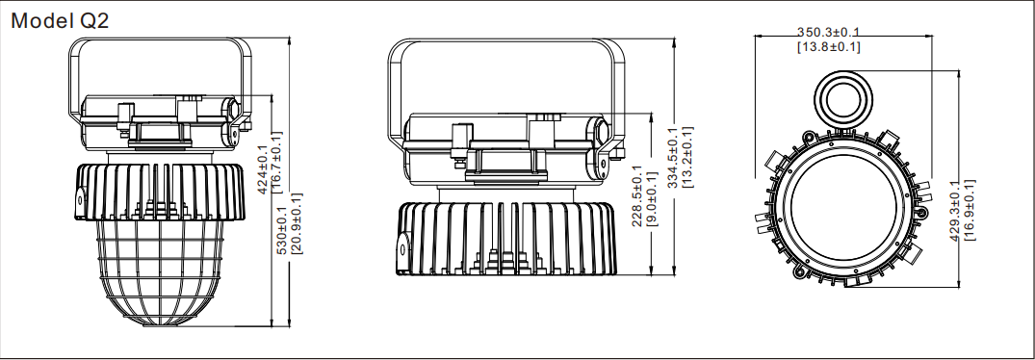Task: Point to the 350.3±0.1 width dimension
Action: pyautogui.click(x=828, y=32)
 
